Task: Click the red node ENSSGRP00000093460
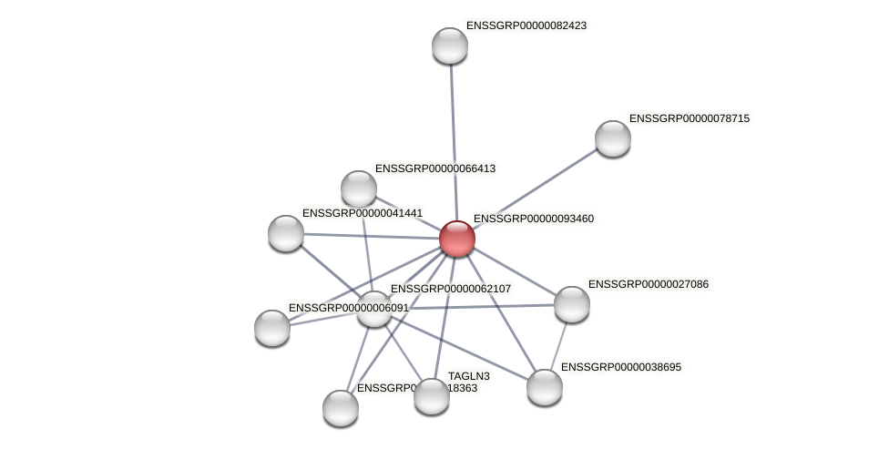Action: pos(456,239)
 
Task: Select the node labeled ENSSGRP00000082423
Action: pos(449,46)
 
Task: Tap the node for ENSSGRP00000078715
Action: pos(613,138)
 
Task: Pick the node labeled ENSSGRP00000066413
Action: pos(359,189)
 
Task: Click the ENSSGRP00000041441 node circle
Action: pos(286,233)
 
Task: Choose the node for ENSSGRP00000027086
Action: pos(572,304)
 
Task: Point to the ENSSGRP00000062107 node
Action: pos(373,309)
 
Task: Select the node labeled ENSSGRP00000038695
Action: pos(545,387)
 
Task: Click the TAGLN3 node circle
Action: pos(432,396)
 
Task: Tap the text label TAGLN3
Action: pos(469,376)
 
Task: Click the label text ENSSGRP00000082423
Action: pos(526,26)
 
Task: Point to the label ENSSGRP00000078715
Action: pos(689,118)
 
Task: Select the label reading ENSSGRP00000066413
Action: pos(434,168)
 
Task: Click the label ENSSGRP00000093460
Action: pos(533,219)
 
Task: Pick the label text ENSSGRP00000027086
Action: pos(648,284)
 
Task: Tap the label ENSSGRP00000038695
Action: pos(620,367)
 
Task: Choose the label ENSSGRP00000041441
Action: pos(362,213)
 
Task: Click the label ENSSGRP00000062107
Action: pos(450,289)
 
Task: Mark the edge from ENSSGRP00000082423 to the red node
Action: pos(453,137)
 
